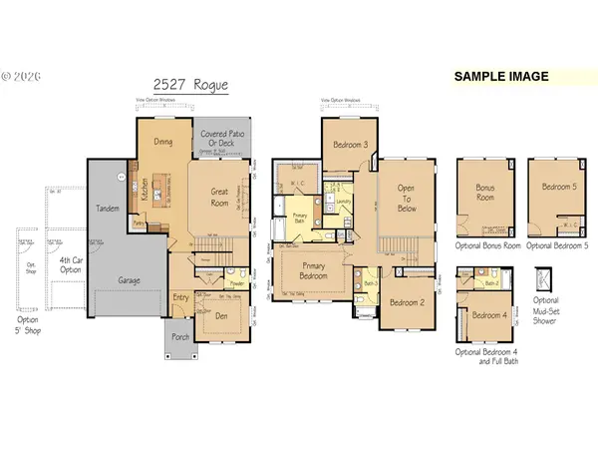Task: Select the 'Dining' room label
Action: (x=164, y=142)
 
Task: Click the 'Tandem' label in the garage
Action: (x=107, y=209)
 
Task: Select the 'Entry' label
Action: (x=181, y=296)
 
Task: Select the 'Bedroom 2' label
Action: (x=409, y=302)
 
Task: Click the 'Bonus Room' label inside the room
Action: (x=484, y=192)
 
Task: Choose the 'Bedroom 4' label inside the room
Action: (x=487, y=316)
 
